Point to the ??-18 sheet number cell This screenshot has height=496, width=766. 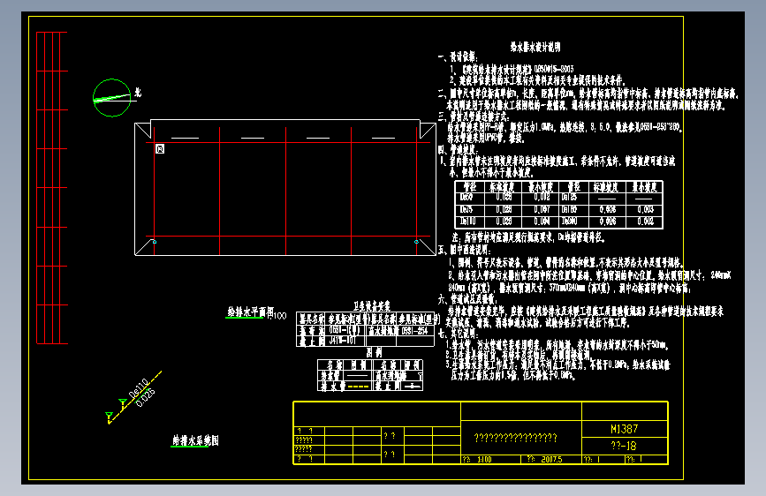pos(624,446)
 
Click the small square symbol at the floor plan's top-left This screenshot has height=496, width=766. pos(159,150)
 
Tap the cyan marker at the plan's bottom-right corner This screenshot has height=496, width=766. pos(416,241)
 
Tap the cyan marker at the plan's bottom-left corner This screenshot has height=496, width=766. pos(153,241)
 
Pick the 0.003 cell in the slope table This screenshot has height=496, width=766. pos(645,209)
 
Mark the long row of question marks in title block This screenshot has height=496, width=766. pos(516,438)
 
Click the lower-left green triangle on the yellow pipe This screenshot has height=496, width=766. pos(109,415)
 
